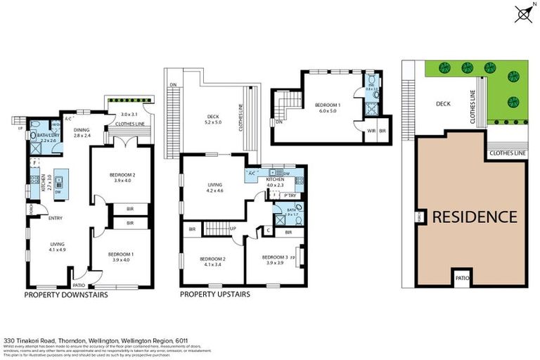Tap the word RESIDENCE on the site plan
[x=475, y=217]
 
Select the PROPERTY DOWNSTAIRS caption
[x=66, y=295]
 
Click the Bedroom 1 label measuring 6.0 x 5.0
[x=328, y=108]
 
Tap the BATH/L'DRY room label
[x=49, y=138]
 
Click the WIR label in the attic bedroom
[x=371, y=131]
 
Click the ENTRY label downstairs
[x=56, y=218]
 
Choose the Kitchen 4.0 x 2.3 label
[x=274, y=183]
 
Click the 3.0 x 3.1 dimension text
[x=129, y=114]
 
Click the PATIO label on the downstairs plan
[x=79, y=285]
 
